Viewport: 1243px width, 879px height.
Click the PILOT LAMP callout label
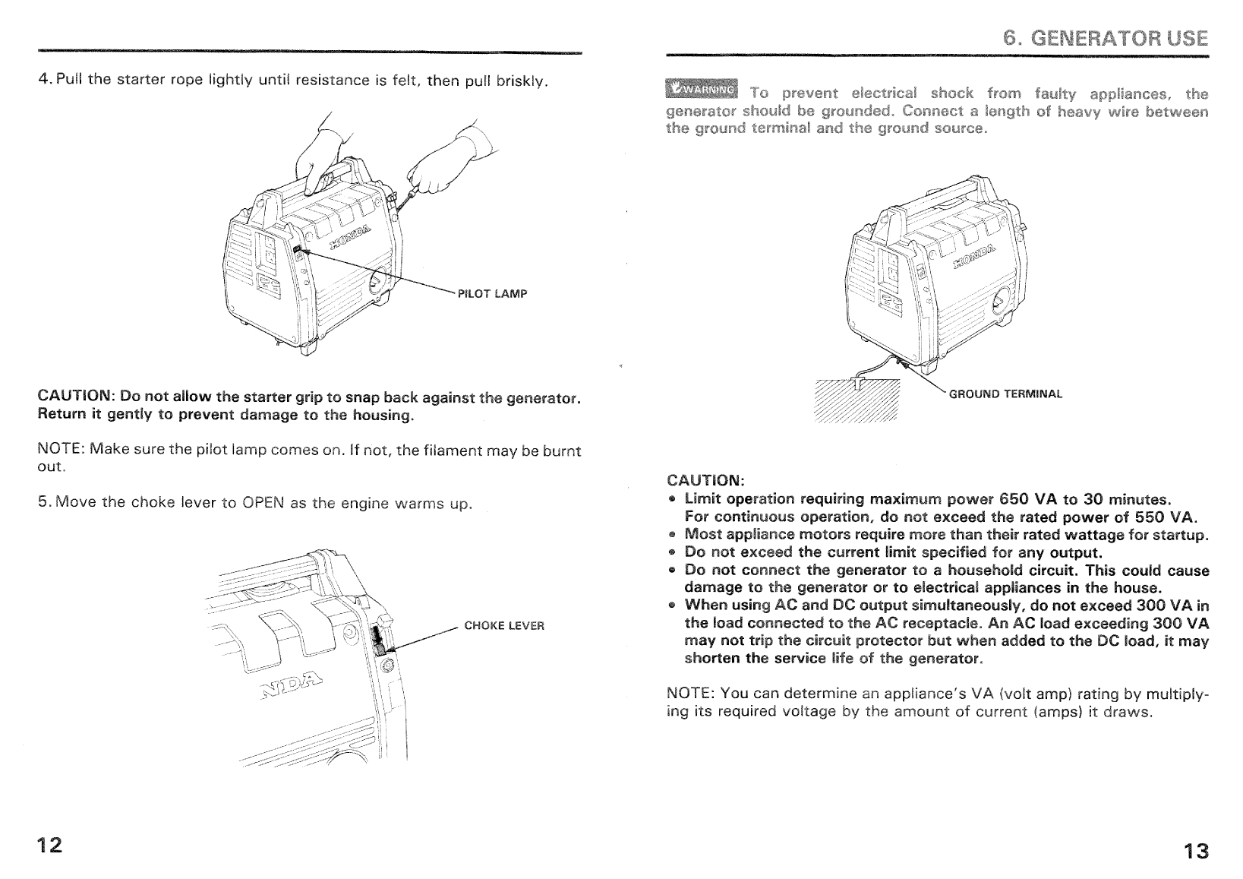(492, 294)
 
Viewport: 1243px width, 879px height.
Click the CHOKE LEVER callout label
(504, 626)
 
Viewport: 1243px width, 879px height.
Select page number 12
(49, 845)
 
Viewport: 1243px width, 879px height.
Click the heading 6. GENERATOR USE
(1106, 38)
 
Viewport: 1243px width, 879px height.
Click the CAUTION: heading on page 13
(706, 481)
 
